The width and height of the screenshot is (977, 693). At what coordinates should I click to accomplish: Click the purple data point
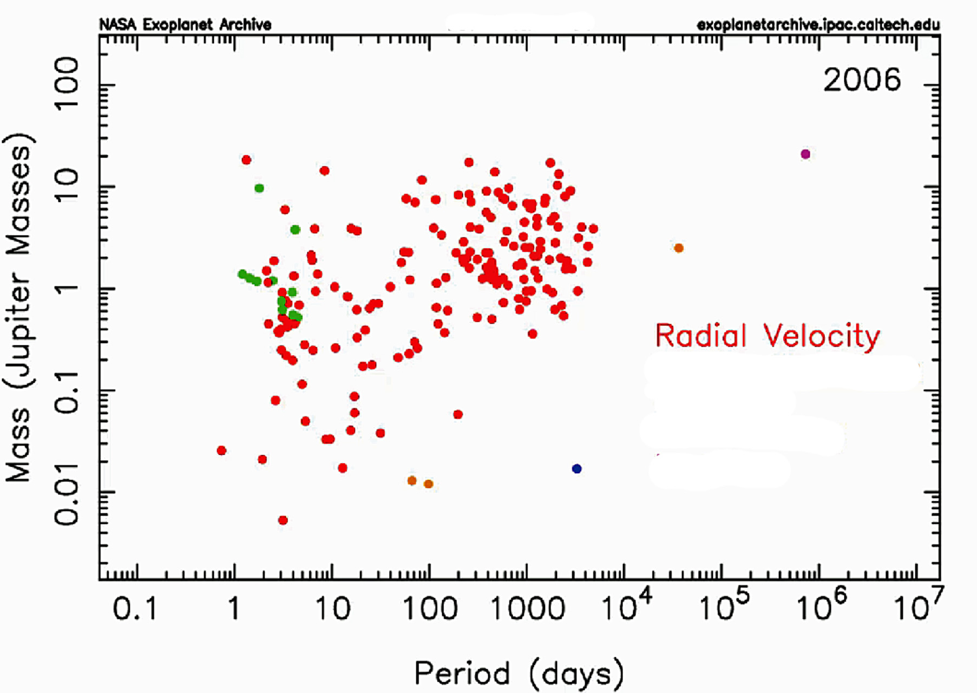805,154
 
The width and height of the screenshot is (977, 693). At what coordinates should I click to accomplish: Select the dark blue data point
577,469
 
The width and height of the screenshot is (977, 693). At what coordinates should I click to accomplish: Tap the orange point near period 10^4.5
679,248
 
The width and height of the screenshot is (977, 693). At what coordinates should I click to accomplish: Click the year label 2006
862,80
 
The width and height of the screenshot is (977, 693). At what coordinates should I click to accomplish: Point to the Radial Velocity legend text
768,336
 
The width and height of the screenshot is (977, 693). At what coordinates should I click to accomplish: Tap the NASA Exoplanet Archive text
185,24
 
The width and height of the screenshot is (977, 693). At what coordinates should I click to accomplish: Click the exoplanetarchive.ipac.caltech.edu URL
818,25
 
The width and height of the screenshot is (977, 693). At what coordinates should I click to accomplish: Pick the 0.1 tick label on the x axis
135,609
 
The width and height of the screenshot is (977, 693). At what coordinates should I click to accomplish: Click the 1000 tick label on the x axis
527,609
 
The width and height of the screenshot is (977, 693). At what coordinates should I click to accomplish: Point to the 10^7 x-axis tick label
919,605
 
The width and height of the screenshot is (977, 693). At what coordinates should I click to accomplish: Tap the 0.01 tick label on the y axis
67,493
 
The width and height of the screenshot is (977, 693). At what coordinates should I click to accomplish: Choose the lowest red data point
283,520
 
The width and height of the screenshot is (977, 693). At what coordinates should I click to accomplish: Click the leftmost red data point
221,450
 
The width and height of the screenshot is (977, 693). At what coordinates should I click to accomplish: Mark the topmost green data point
259,188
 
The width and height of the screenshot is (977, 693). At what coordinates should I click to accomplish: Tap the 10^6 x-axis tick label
822,605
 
